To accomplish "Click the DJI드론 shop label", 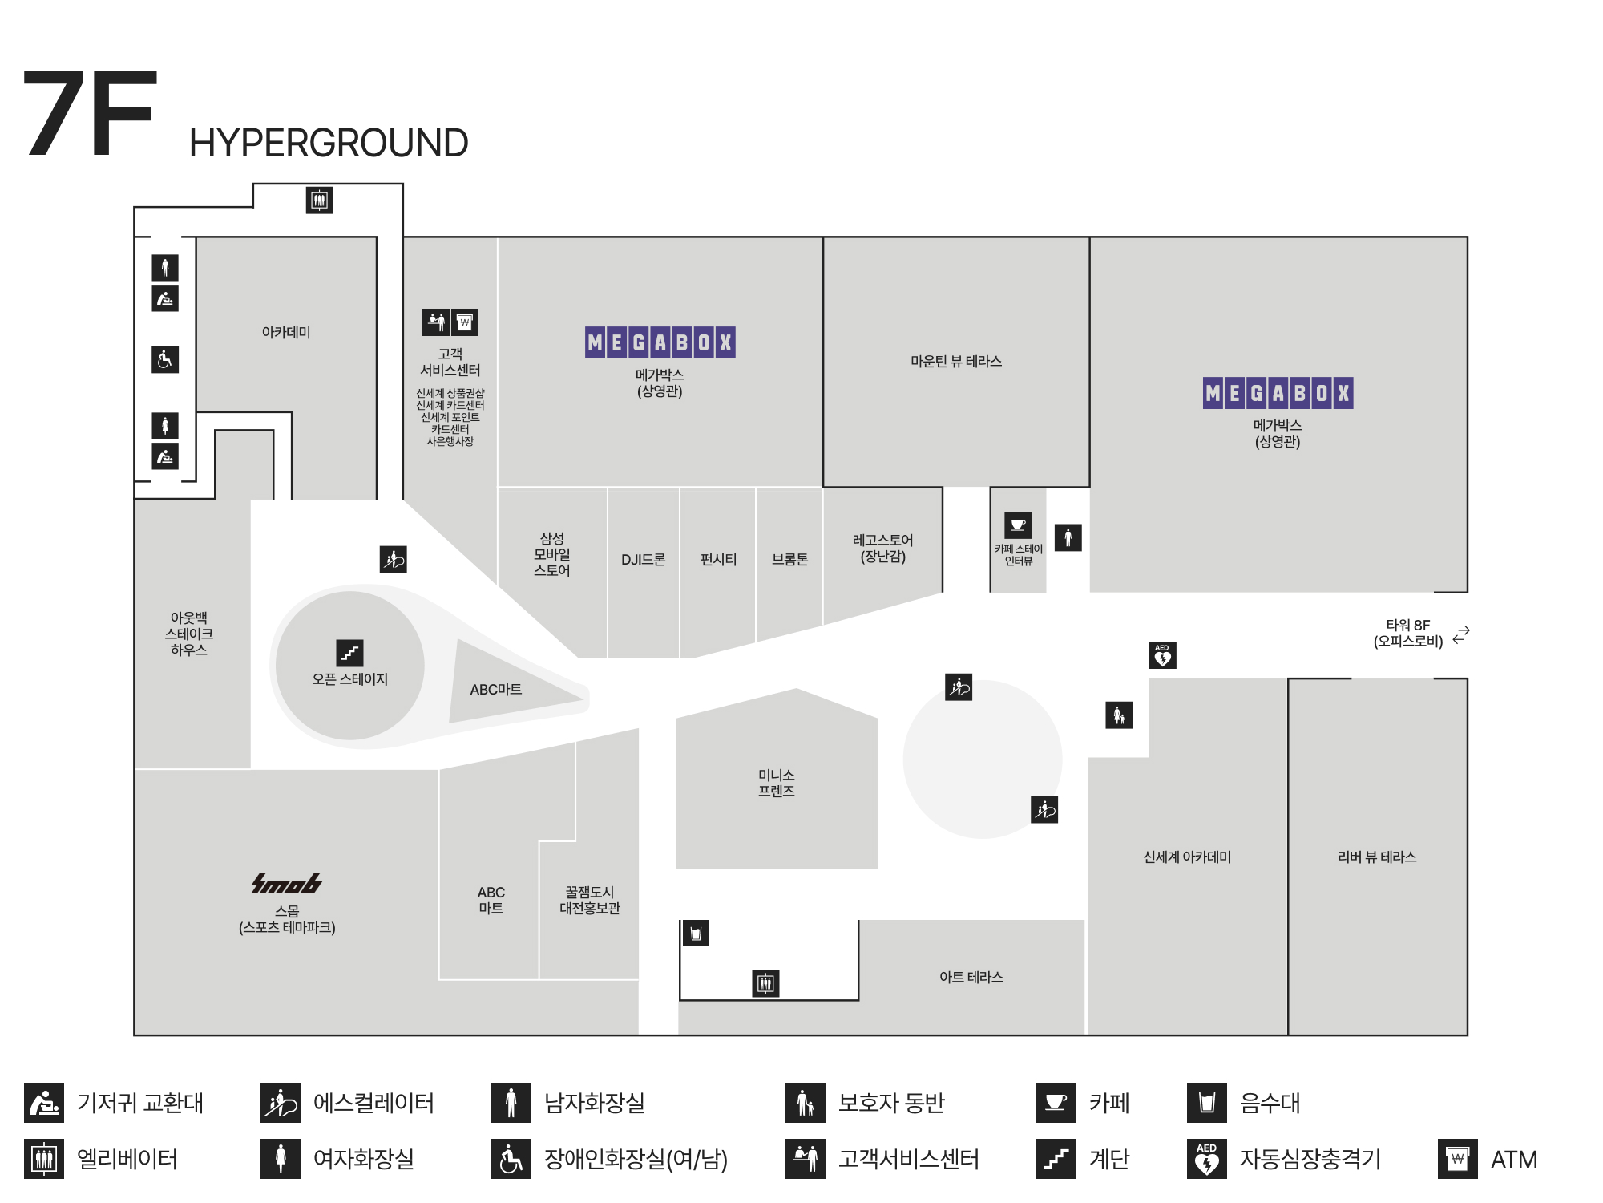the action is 643,560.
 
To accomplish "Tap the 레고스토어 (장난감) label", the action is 882,549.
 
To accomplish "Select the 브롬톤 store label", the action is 789,560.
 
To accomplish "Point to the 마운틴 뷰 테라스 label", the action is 955,362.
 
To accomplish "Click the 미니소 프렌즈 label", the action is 776,783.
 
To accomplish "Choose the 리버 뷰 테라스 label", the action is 1376,857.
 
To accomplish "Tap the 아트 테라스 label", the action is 971,978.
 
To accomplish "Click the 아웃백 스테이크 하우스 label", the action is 189,634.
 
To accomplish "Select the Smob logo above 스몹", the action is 286,883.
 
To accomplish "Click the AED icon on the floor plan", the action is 1162,655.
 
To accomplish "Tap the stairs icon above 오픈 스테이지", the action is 349,653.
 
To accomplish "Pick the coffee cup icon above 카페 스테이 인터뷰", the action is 1018,525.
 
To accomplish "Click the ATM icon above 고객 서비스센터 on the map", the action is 465,322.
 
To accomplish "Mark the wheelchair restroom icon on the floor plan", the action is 165,359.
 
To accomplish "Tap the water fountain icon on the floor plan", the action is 696,934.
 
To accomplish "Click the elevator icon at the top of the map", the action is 320,200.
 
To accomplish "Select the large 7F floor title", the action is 89,115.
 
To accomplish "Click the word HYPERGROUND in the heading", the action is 329,144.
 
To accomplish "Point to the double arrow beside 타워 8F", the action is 1461,634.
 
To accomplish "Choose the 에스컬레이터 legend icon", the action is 281,1103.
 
